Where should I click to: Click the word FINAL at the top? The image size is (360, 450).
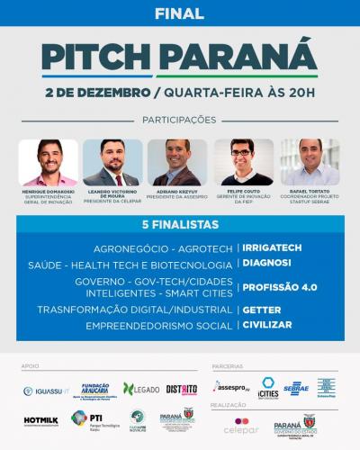point(179,14)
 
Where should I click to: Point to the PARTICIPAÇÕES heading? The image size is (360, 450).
point(179,120)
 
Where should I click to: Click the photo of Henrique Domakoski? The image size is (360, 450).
point(48,162)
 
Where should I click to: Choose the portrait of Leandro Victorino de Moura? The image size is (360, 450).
point(112,162)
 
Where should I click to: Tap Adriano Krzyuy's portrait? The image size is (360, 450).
point(177,162)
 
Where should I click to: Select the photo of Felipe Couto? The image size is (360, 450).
point(242,162)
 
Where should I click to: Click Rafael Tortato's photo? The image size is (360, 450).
point(309,162)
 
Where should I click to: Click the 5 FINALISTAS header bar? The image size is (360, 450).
point(179,222)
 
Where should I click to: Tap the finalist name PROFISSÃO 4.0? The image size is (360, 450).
point(280,288)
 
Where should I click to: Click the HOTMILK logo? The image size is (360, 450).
point(40,419)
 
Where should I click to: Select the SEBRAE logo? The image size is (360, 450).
point(295,388)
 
